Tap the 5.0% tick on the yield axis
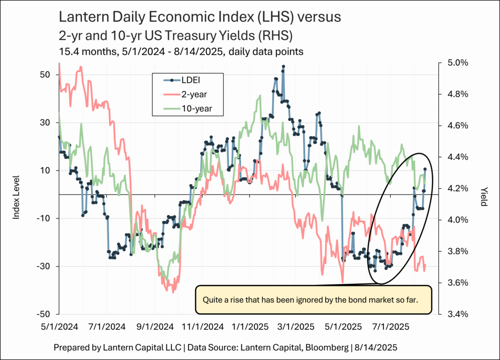point(458,63)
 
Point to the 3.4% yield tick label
point(458,314)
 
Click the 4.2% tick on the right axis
point(458,188)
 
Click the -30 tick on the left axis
point(43,266)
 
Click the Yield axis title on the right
point(484,195)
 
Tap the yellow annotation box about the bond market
point(313,299)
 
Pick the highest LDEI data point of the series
point(284,66)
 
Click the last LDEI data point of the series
point(425,169)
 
